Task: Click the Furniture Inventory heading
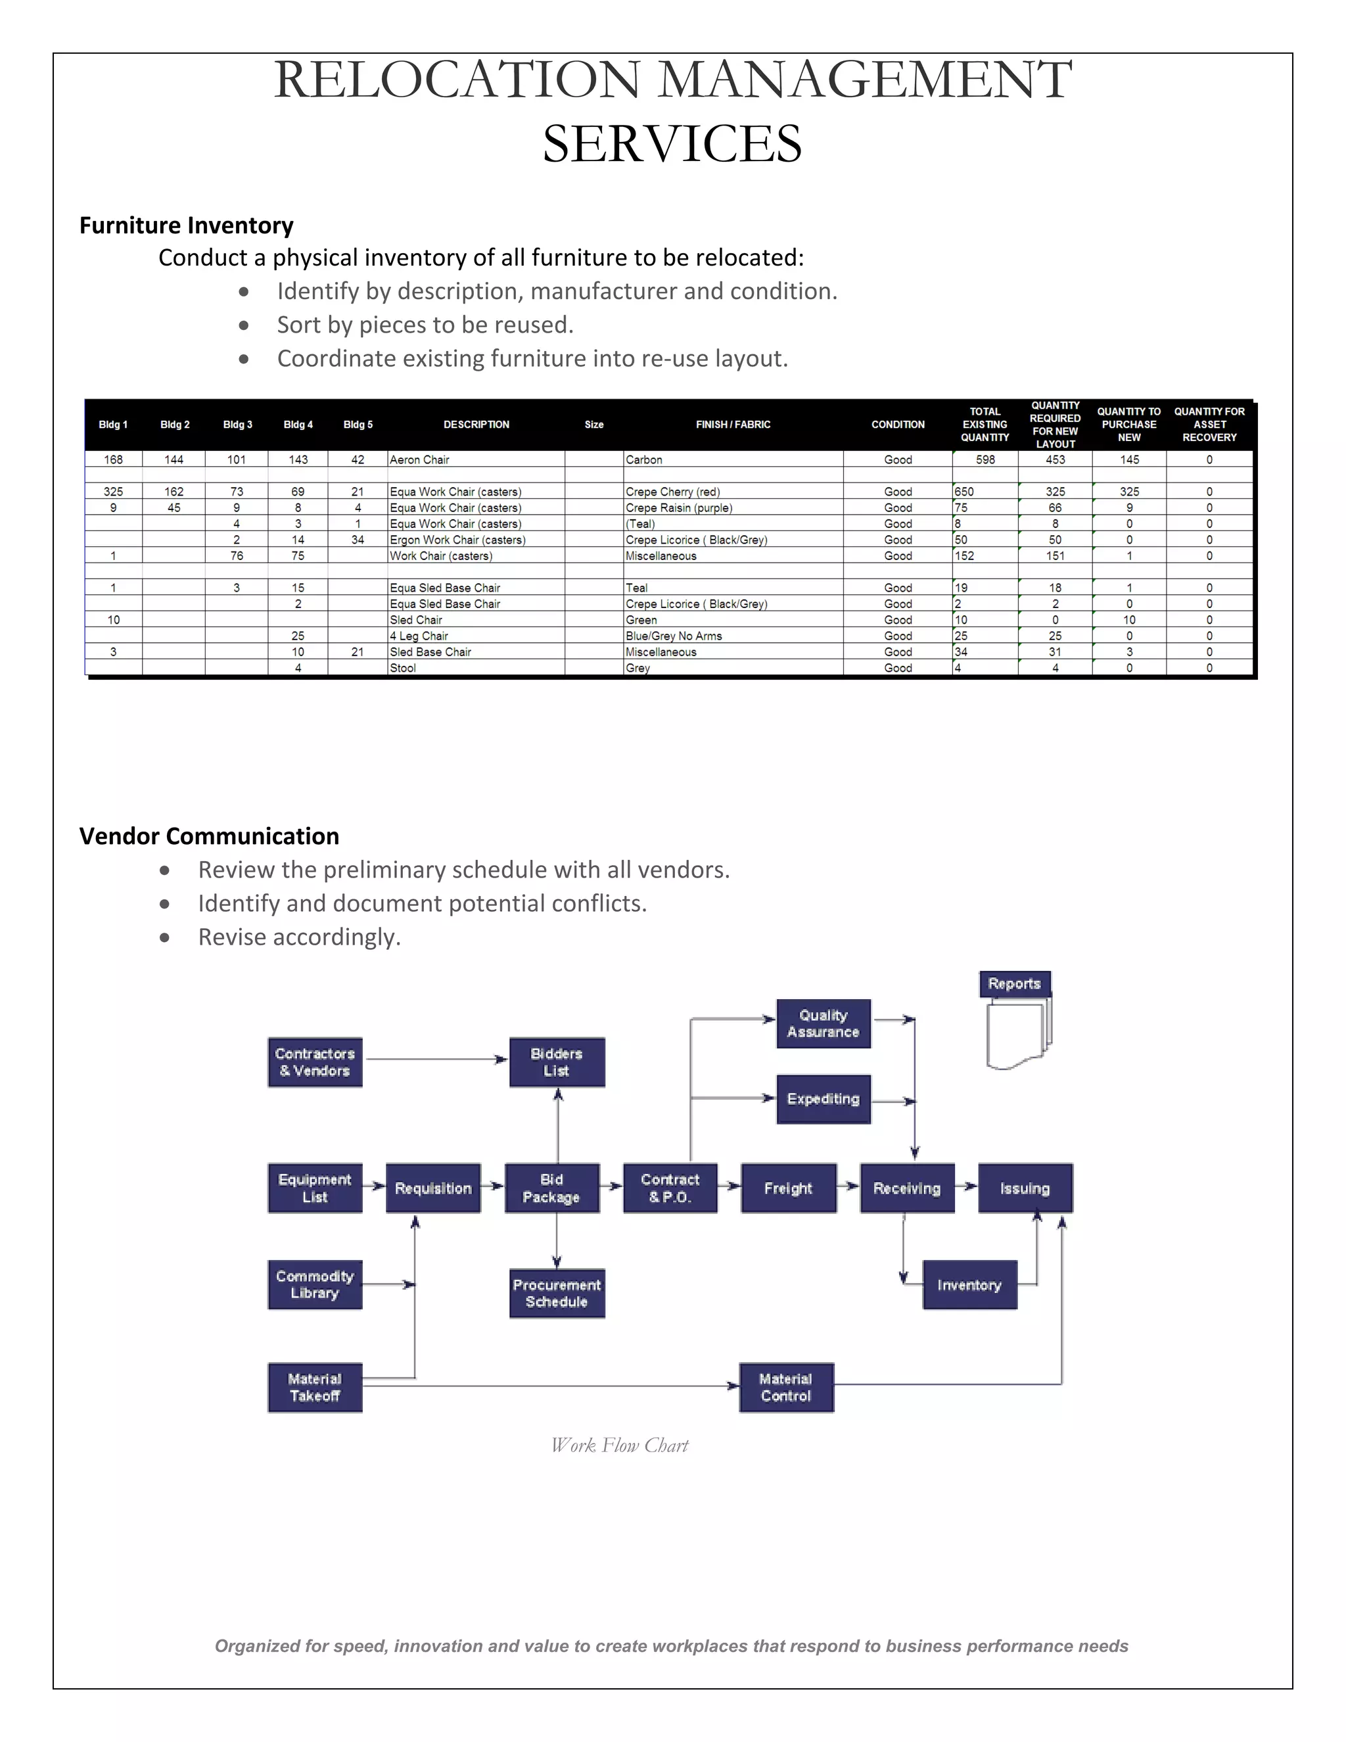[187, 225]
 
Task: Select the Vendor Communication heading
[209, 836]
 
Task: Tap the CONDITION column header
[898, 425]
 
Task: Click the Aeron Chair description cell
[419, 460]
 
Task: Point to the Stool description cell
[403, 669]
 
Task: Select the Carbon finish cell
[644, 460]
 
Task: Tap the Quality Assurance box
[823, 1024]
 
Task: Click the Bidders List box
[557, 1062]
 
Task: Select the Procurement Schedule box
[557, 1293]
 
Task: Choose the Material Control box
[785, 1388]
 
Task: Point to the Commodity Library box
[315, 1285]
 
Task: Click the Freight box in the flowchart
[788, 1189]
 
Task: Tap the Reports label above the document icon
[1014, 984]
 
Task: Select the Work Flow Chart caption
[620, 1446]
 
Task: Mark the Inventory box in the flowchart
[969, 1285]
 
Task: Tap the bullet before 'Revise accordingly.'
[165, 938]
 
